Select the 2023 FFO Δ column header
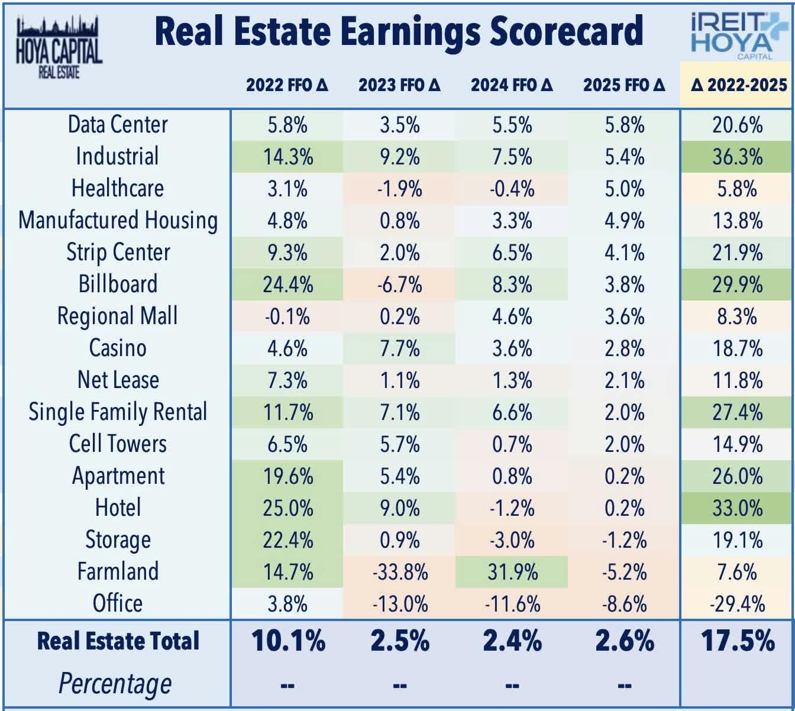400,85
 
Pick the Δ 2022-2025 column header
738,85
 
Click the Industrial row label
117,157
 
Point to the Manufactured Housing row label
118,221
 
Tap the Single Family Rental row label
118,412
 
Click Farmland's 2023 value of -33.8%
400,572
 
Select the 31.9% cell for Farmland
512,572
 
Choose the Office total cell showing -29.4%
737,604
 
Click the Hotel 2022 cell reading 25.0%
287,508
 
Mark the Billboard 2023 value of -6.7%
400,285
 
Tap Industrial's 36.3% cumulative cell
737,157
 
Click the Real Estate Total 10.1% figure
288,641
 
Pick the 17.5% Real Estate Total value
738,641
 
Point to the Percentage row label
115,684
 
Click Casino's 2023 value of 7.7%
400,348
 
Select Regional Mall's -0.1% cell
287,316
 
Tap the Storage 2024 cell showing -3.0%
512,540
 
